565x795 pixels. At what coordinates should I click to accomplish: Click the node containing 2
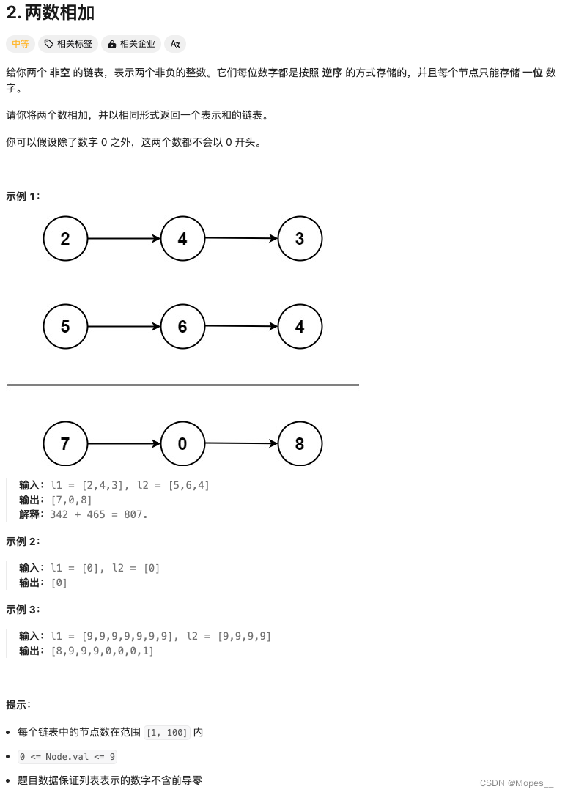tap(65, 239)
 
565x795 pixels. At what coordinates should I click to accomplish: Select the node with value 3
tap(300, 239)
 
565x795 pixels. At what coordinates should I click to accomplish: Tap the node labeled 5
tap(65, 327)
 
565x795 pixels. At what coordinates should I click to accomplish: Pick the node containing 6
tap(182, 327)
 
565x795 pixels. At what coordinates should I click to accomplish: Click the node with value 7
tap(65, 444)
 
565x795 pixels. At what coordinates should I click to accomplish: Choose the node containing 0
tap(182, 444)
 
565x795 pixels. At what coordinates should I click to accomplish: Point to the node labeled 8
tap(300, 444)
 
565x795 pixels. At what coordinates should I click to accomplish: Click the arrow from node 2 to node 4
tap(124, 239)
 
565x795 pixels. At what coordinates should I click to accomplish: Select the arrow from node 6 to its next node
tap(241, 326)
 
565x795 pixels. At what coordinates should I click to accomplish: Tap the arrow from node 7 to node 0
tap(124, 444)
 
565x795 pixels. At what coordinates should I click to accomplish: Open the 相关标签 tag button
tap(68, 44)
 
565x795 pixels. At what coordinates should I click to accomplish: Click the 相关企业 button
tap(131, 44)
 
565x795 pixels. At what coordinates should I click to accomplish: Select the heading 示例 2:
tap(23, 541)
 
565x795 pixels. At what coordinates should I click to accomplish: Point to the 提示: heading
tap(18, 705)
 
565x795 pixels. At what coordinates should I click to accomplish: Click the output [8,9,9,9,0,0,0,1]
tap(102, 651)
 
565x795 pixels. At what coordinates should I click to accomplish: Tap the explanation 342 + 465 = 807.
tap(99, 514)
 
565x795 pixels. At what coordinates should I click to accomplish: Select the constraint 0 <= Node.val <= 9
tap(67, 757)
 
